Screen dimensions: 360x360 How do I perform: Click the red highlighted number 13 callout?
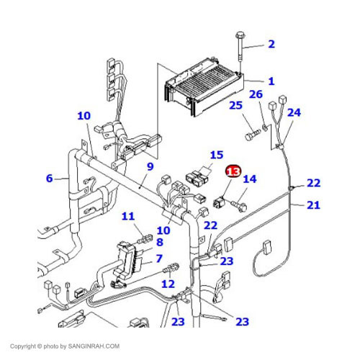[x=233, y=171]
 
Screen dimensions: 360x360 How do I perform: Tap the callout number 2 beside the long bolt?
[x=271, y=44]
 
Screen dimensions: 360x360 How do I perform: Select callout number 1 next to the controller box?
[x=271, y=81]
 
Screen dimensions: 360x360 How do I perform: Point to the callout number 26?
[x=256, y=94]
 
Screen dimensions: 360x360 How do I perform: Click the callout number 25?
[x=235, y=105]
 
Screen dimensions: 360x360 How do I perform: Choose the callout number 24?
[x=294, y=112]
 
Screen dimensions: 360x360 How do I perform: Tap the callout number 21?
[x=313, y=205]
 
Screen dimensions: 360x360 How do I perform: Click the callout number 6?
[x=49, y=179]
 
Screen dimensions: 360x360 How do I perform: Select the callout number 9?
[x=150, y=166]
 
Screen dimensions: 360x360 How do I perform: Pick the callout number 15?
[x=217, y=155]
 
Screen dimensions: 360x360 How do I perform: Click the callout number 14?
[x=250, y=179]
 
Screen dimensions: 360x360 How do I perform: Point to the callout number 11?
[x=128, y=216]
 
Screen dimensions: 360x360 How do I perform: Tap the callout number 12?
[x=168, y=284]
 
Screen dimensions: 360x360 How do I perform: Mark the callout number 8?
[x=160, y=242]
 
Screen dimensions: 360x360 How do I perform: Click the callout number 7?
[x=159, y=258]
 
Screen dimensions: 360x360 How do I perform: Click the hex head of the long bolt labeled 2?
[x=240, y=35]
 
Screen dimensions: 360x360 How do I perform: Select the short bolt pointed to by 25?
[x=253, y=135]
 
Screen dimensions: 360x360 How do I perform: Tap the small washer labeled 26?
[x=266, y=127]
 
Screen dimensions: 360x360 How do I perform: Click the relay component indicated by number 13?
[x=219, y=202]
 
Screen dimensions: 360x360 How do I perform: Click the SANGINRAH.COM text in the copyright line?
[x=94, y=346]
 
